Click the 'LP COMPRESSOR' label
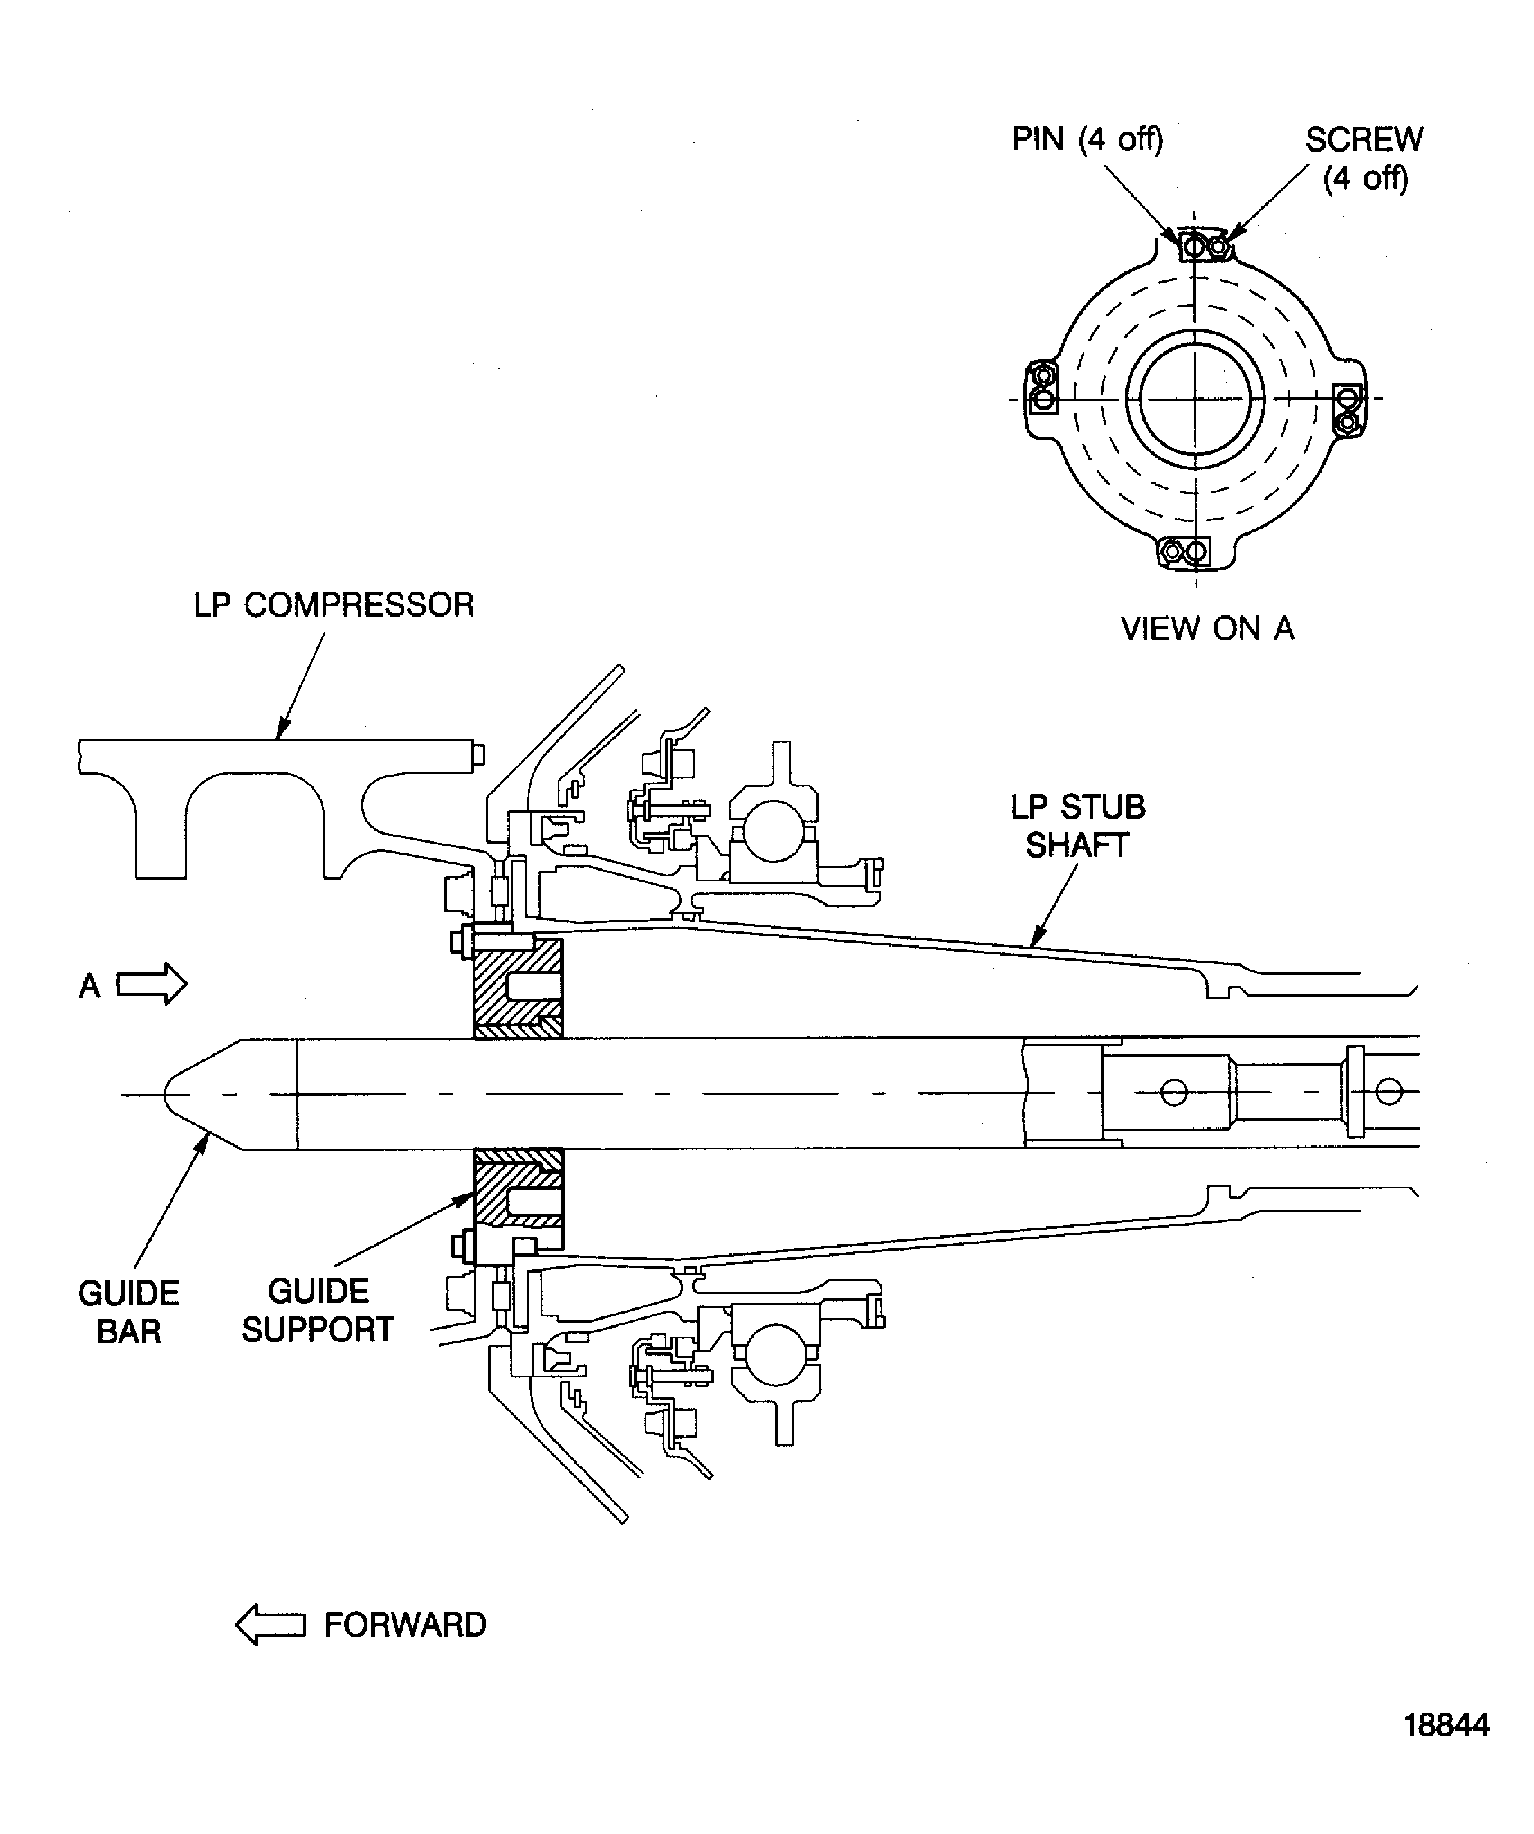(334, 604)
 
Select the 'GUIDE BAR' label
(128, 1312)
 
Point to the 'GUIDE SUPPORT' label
(318, 1310)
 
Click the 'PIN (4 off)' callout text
(1087, 139)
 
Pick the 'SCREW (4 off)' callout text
(1364, 158)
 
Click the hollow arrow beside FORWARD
(271, 1624)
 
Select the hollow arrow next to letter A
(151, 984)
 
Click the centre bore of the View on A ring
(1195, 399)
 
